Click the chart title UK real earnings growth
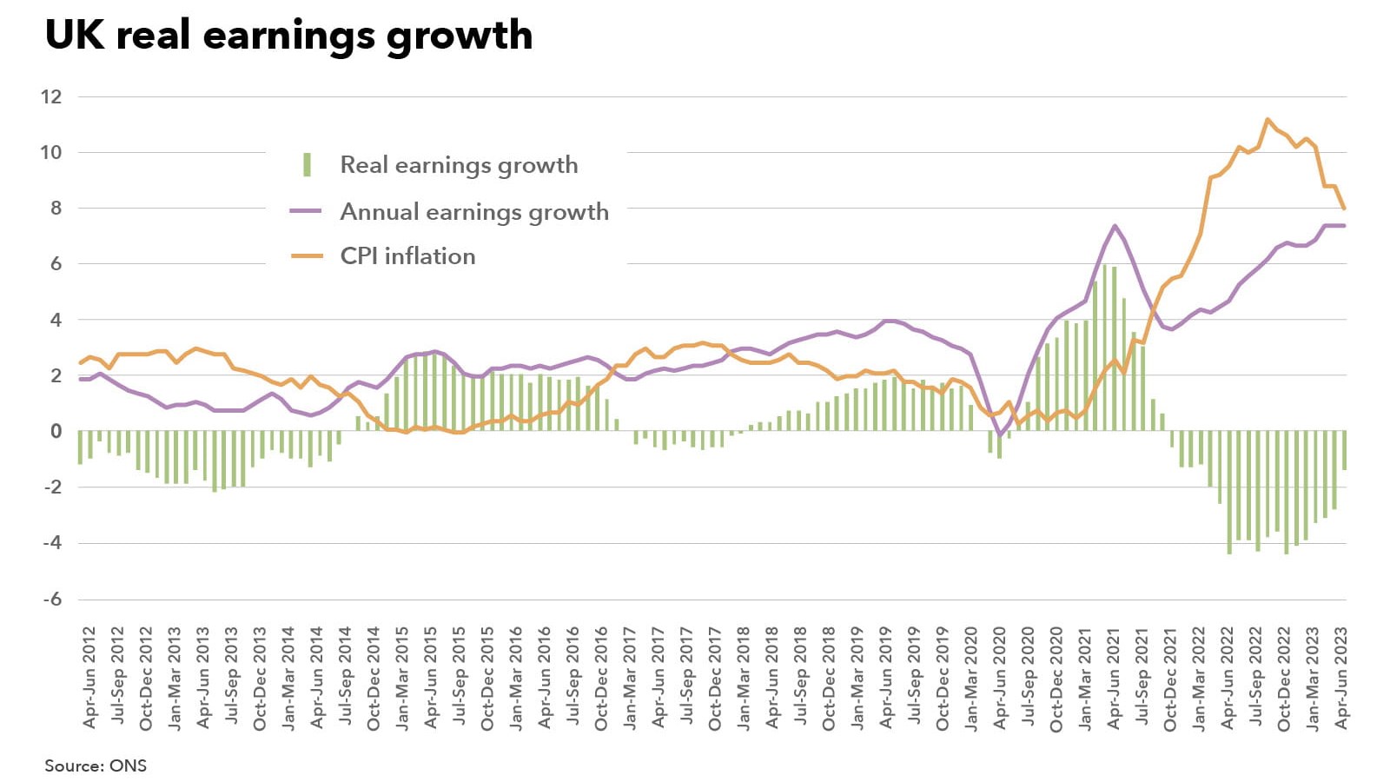288,36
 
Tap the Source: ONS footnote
96,765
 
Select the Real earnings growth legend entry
458,165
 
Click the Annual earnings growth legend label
473,212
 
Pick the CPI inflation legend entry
407,256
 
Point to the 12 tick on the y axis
51,96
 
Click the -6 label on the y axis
53,599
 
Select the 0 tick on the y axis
56,431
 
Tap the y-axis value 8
56,208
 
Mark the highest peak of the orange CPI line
1268,120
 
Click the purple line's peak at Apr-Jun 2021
1115,226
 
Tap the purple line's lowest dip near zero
1000,434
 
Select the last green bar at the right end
1344,450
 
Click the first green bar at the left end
80,447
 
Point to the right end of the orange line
1345,209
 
